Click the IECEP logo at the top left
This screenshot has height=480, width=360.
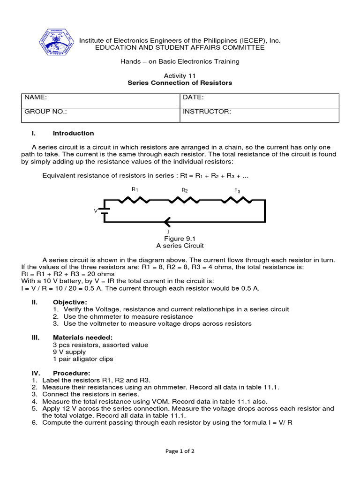56,42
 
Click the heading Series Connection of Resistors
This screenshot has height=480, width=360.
180,83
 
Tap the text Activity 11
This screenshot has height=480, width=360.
180,75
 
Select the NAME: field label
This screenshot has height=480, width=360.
36,97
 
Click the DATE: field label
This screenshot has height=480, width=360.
193,97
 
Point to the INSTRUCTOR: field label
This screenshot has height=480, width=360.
207,112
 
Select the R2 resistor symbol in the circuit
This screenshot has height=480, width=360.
184,200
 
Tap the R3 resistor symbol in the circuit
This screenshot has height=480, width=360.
237,200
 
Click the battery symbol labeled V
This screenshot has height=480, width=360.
105,210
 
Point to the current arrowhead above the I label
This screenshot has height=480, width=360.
167,222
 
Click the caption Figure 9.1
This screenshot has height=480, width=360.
180,239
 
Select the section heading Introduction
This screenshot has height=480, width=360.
73,133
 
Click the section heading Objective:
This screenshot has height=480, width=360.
70,302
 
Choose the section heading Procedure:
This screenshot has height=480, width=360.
71,373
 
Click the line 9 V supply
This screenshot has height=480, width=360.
69,352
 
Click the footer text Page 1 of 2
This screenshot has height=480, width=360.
180,451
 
